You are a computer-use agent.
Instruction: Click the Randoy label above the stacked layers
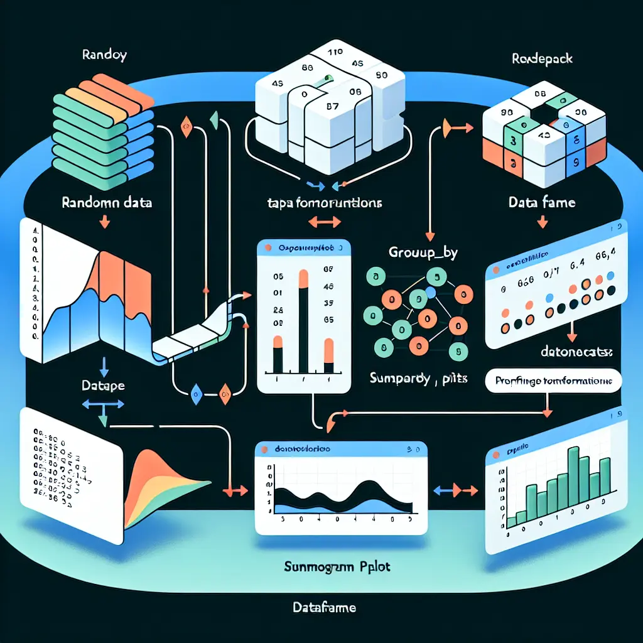pos(105,55)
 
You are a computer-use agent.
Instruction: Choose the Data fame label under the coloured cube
pos(541,203)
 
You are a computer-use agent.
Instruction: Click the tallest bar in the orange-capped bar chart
pos(303,323)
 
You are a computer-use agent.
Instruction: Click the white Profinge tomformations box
pos(554,381)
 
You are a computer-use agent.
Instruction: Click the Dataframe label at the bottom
pos(324,607)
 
